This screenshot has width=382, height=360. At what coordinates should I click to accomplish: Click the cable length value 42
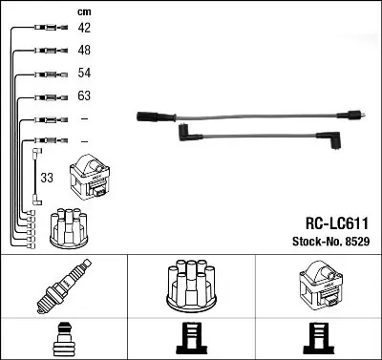(x=84, y=28)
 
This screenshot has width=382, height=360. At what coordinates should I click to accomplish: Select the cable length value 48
(x=84, y=50)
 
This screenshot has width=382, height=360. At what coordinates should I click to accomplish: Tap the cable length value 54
(x=84, y=73)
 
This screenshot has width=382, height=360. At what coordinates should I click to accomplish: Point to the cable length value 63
(x=84, y=95)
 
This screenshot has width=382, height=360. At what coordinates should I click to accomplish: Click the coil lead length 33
(x=47, y=178)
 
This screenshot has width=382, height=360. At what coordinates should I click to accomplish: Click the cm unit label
(x=84, y=12)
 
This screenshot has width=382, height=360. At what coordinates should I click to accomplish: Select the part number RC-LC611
(x=337, y=223)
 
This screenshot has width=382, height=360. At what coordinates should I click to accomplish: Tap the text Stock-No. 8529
(x=330, y=242)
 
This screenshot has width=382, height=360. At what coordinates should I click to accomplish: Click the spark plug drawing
(x=64, y=286)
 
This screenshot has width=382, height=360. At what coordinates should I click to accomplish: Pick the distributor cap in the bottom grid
(x=191, y=285)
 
